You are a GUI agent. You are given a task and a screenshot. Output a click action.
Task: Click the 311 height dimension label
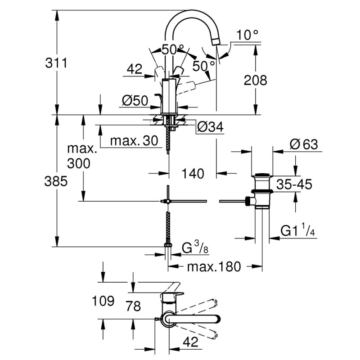click(56, 63)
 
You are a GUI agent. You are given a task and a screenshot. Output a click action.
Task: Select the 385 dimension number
click(56, 181)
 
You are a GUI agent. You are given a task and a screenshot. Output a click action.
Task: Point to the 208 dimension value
click(255, 80)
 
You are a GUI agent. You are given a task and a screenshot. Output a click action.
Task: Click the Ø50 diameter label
click(135, 101)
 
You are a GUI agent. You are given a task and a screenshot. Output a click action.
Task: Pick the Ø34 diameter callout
click(210, 127)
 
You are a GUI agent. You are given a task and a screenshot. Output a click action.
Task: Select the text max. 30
click(134, 141)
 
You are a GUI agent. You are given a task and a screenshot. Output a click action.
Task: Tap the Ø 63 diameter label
click(304, 144)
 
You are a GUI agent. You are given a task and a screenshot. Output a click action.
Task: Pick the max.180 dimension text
click(214, 266)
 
